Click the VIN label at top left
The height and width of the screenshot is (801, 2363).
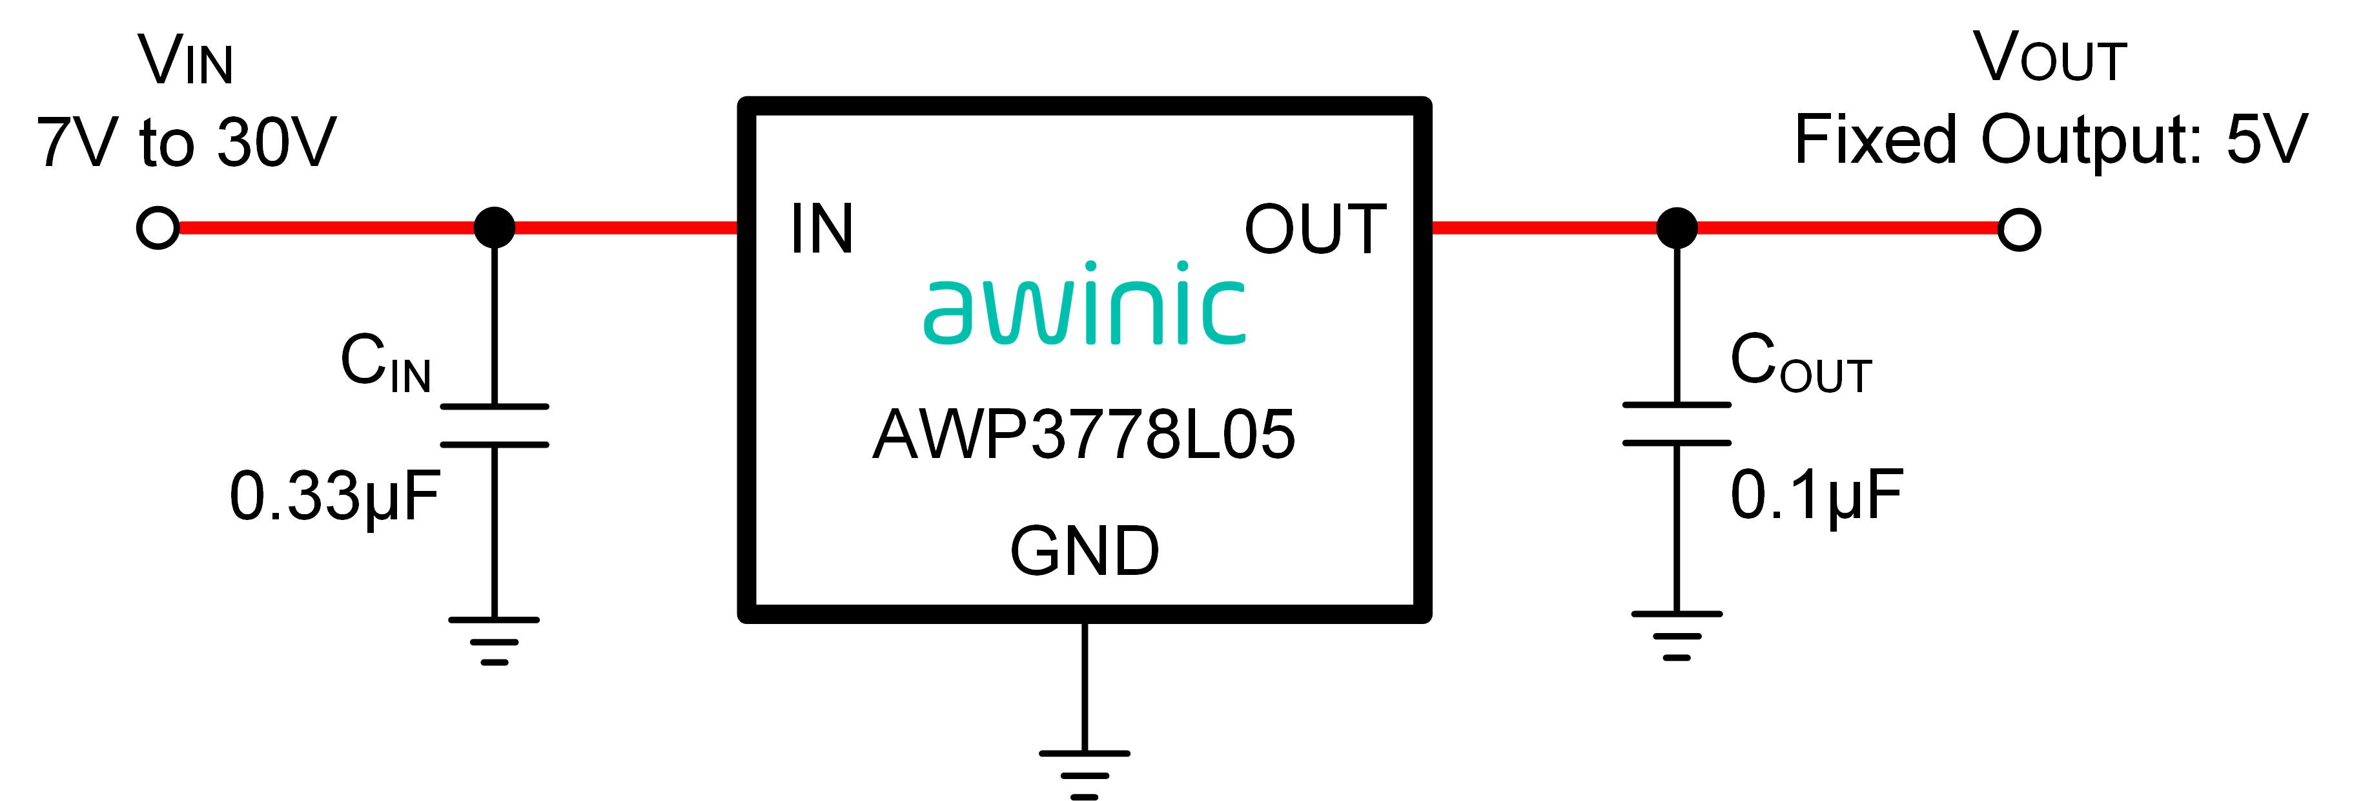point(186,61)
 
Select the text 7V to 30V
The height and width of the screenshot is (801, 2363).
point(186,142)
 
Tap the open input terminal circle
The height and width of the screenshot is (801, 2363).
point(158,227)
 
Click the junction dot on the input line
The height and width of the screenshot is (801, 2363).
point(495,227)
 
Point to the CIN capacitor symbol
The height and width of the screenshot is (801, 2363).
point(495,426)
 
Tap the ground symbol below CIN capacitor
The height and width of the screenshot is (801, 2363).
point(495,640)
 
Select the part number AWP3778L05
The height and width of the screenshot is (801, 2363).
point(1084,435)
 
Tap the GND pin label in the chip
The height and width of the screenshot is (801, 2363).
point(1084,552)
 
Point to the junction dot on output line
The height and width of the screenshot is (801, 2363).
point(1677,227)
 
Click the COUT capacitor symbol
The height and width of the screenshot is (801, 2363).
point(1677,424)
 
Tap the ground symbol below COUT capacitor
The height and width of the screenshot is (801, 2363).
point(1677,635)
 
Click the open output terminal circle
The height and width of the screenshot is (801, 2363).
point(2019,229)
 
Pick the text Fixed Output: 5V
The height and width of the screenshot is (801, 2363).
point(2051,140)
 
